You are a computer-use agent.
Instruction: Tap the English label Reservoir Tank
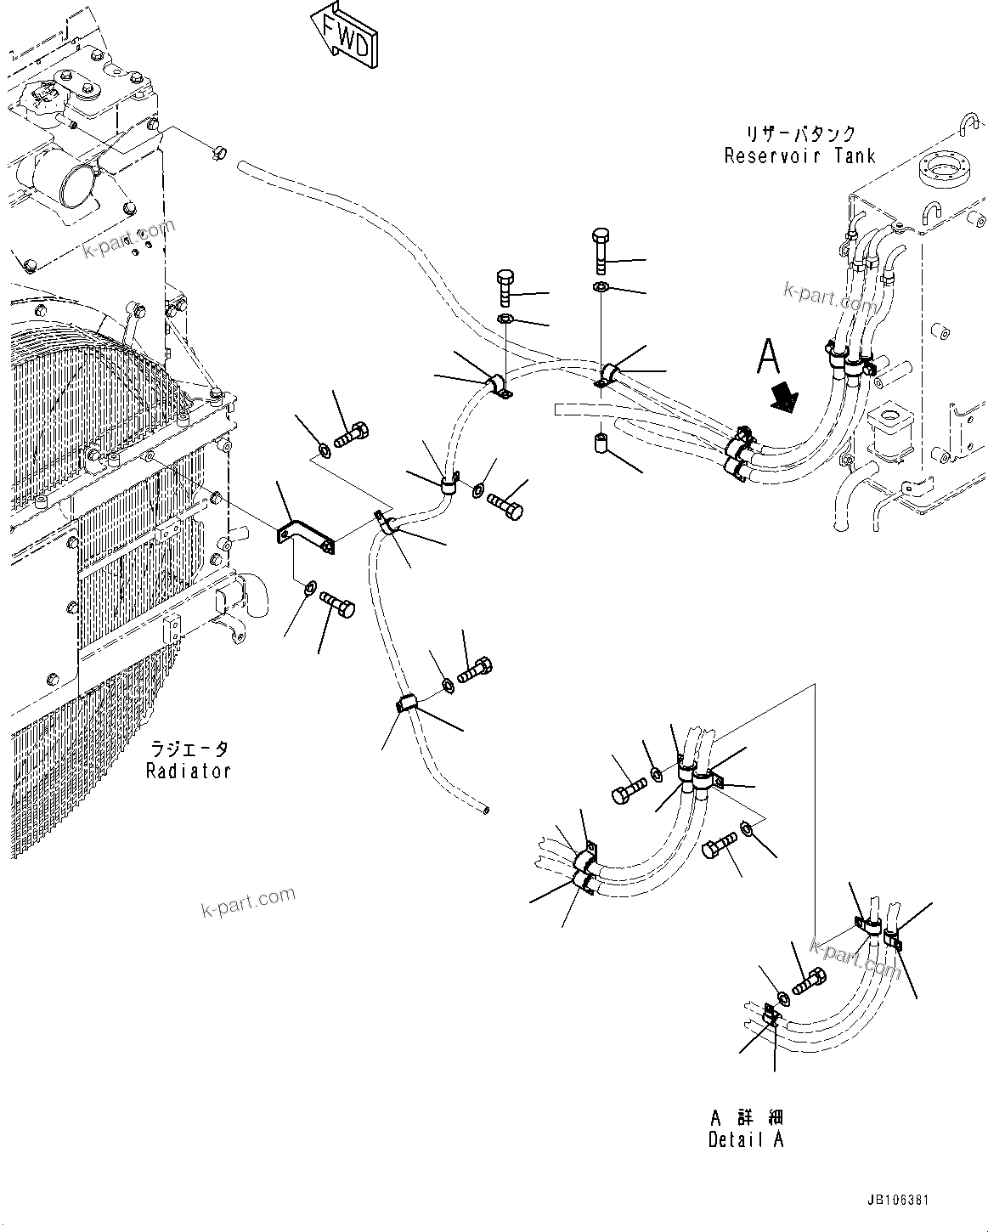pyautogui.click(x=799, y=155)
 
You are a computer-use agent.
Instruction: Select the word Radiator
pyautogui.click(x=188, y=771)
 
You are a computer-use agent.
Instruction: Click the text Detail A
pyautogui.click(x=746, y=1140)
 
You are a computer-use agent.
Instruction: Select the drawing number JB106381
pyautogui.click(x=898, y=1201)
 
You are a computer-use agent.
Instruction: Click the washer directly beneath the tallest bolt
pyautogui.click(x=601, y=286)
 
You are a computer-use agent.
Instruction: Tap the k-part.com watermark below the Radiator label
pyautogui.click(x=248, y=901)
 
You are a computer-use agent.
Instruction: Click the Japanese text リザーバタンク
pyautogui.click(x=800, y=134)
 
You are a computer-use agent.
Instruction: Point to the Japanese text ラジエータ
pyautogui.click(x=189, y=749)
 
